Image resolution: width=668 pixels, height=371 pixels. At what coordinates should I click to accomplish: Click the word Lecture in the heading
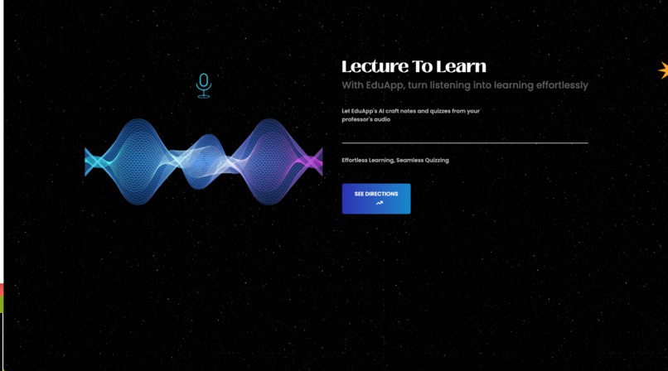[371, 67]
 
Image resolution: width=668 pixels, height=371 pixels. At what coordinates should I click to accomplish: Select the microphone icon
[204, 85]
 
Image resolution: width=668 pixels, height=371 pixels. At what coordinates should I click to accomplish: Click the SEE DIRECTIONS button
[376, 199]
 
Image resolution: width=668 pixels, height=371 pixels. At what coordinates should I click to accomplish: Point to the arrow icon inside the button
[380, 204]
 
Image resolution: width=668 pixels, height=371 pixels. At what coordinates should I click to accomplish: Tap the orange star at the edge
[663, 70]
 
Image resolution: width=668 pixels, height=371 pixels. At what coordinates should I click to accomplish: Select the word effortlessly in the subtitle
[555, 85]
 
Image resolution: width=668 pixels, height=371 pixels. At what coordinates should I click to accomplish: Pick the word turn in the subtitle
[419, 85]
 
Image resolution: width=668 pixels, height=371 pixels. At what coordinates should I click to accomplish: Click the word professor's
[357, 119]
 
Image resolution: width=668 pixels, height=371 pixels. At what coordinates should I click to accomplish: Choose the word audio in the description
[382, 119]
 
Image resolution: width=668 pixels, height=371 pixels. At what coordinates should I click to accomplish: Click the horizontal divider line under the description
[465, 142]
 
